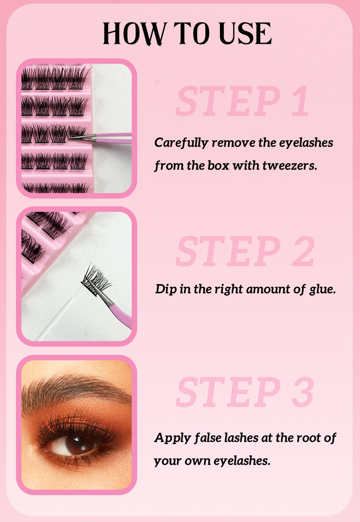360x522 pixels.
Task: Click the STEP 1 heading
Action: click(x=243, y=101)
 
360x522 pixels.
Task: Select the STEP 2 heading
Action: click(x=245, y=251)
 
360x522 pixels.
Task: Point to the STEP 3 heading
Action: click(x=245, y=392)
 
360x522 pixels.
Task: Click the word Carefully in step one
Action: click(x=181, y=143)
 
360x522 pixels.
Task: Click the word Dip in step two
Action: click(x=166, y=289)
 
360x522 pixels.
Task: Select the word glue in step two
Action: click(x=322, y=289)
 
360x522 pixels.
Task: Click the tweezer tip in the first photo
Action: click(x=69, y=138)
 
